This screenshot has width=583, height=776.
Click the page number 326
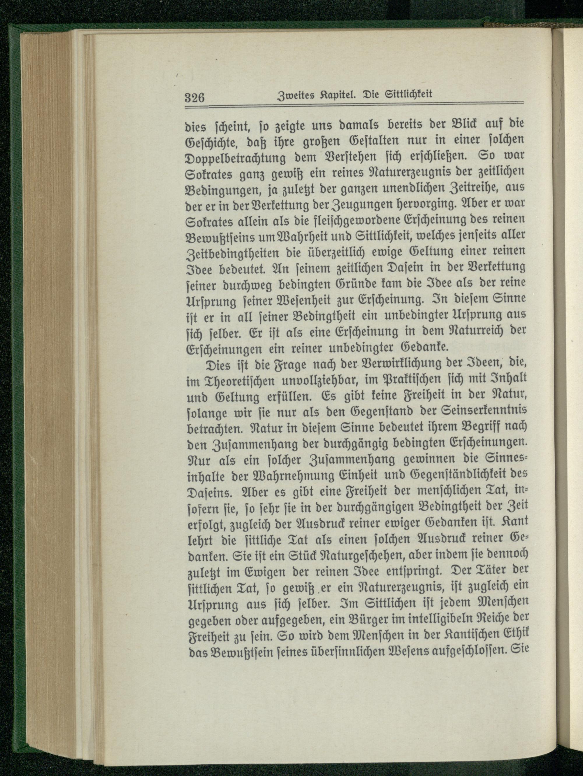click(x=195, y=96)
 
